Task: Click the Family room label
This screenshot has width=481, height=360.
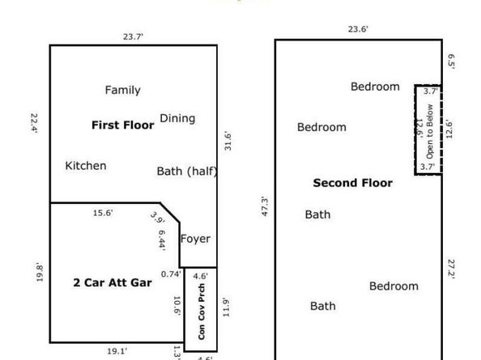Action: [x=122, y=91]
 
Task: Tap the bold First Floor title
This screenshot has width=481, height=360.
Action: [x=122, y=125]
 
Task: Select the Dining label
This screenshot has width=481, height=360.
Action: [x=177, y=119]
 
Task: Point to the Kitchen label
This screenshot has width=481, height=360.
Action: [x=85, y=166]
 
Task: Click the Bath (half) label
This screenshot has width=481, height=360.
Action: [x=186, y=172]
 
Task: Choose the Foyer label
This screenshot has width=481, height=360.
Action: [x=195, y=239]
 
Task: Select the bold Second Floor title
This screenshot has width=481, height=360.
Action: [x=352, y=184]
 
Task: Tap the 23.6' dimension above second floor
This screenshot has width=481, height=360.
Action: [x=358, y=30]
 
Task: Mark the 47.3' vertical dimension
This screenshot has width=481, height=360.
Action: [x=264, y=210]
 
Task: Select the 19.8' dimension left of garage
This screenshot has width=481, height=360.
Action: [x=37, y=270]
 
